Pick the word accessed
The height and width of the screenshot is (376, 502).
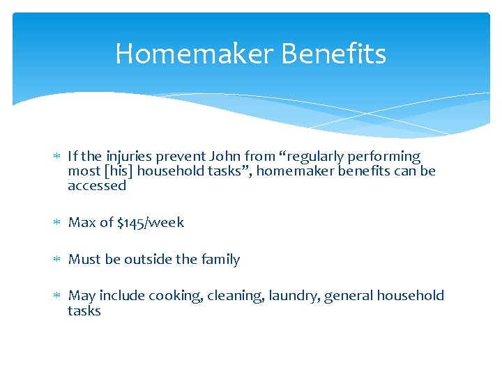click(97, 186)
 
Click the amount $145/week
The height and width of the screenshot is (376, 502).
click(151, 223)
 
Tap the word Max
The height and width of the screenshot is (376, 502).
click(81, 223)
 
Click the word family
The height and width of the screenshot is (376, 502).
click(220, 260)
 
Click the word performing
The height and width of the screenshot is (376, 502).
click(387, 157)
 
